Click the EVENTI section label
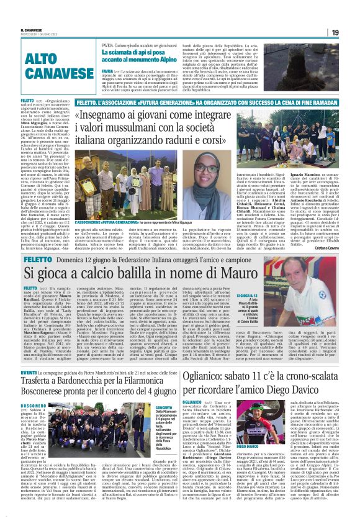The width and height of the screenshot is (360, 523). tap(29, 372)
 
